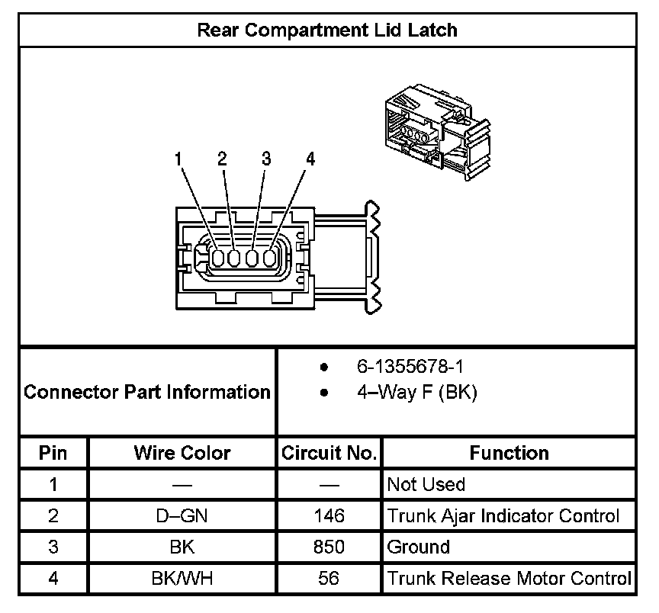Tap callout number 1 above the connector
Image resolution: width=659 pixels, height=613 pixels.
tap(178, 159)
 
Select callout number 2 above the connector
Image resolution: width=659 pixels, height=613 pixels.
tap(222, 159)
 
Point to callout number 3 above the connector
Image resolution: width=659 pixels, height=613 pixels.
tap(266, 159)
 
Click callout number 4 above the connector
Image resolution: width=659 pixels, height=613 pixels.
tap(310, 159)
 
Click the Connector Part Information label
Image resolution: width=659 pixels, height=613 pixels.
tap(147, 393)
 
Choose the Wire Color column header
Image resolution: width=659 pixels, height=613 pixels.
tap(182, 453)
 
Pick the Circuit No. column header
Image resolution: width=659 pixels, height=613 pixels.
tap(329, 453)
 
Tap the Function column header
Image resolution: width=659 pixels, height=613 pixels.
tap(509, 453)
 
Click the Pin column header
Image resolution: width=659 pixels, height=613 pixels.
tap(53, 453)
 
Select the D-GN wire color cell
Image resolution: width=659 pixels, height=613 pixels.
tap(182, 516)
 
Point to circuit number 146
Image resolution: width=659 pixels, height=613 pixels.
tap(329, 516)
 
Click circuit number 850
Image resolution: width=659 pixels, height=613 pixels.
tap(329, 547)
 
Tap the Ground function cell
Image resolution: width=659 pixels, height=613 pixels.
tap(418, 547)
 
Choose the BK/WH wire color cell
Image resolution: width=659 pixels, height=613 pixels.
tap(182, 578)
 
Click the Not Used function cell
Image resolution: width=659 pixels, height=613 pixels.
tap(426, 485)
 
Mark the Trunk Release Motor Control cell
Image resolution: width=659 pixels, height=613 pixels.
tap(509, 578)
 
